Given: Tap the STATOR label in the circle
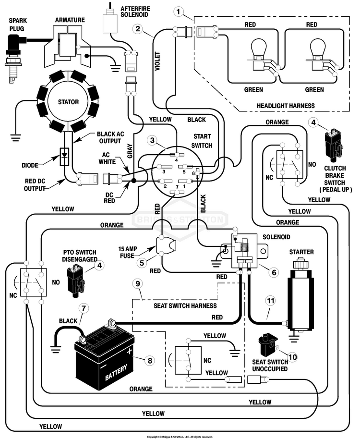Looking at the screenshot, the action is tap(68, 102).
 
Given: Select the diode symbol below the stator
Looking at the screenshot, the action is tap(65, 155).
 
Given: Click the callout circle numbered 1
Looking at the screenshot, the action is tap(179, 12).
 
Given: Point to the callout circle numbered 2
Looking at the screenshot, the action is tap(138, 28).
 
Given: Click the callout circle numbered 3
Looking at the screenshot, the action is tap(152, 140).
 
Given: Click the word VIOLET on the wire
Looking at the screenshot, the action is tap(157, 61).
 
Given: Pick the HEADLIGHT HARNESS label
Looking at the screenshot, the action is tap(286, 106).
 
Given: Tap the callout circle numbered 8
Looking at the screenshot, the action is tap(150, 360).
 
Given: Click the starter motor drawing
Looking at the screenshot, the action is tap(300, 297).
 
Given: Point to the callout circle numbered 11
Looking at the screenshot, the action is tap(270, 301).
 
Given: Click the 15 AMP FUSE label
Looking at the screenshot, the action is tap(128, 252).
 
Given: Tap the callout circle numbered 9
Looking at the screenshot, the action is tap(138, 283).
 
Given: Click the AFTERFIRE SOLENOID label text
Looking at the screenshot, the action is tap(135, 12).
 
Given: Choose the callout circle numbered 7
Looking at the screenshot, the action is tap(84, 308).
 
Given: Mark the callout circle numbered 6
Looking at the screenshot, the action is tap(274, 272).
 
